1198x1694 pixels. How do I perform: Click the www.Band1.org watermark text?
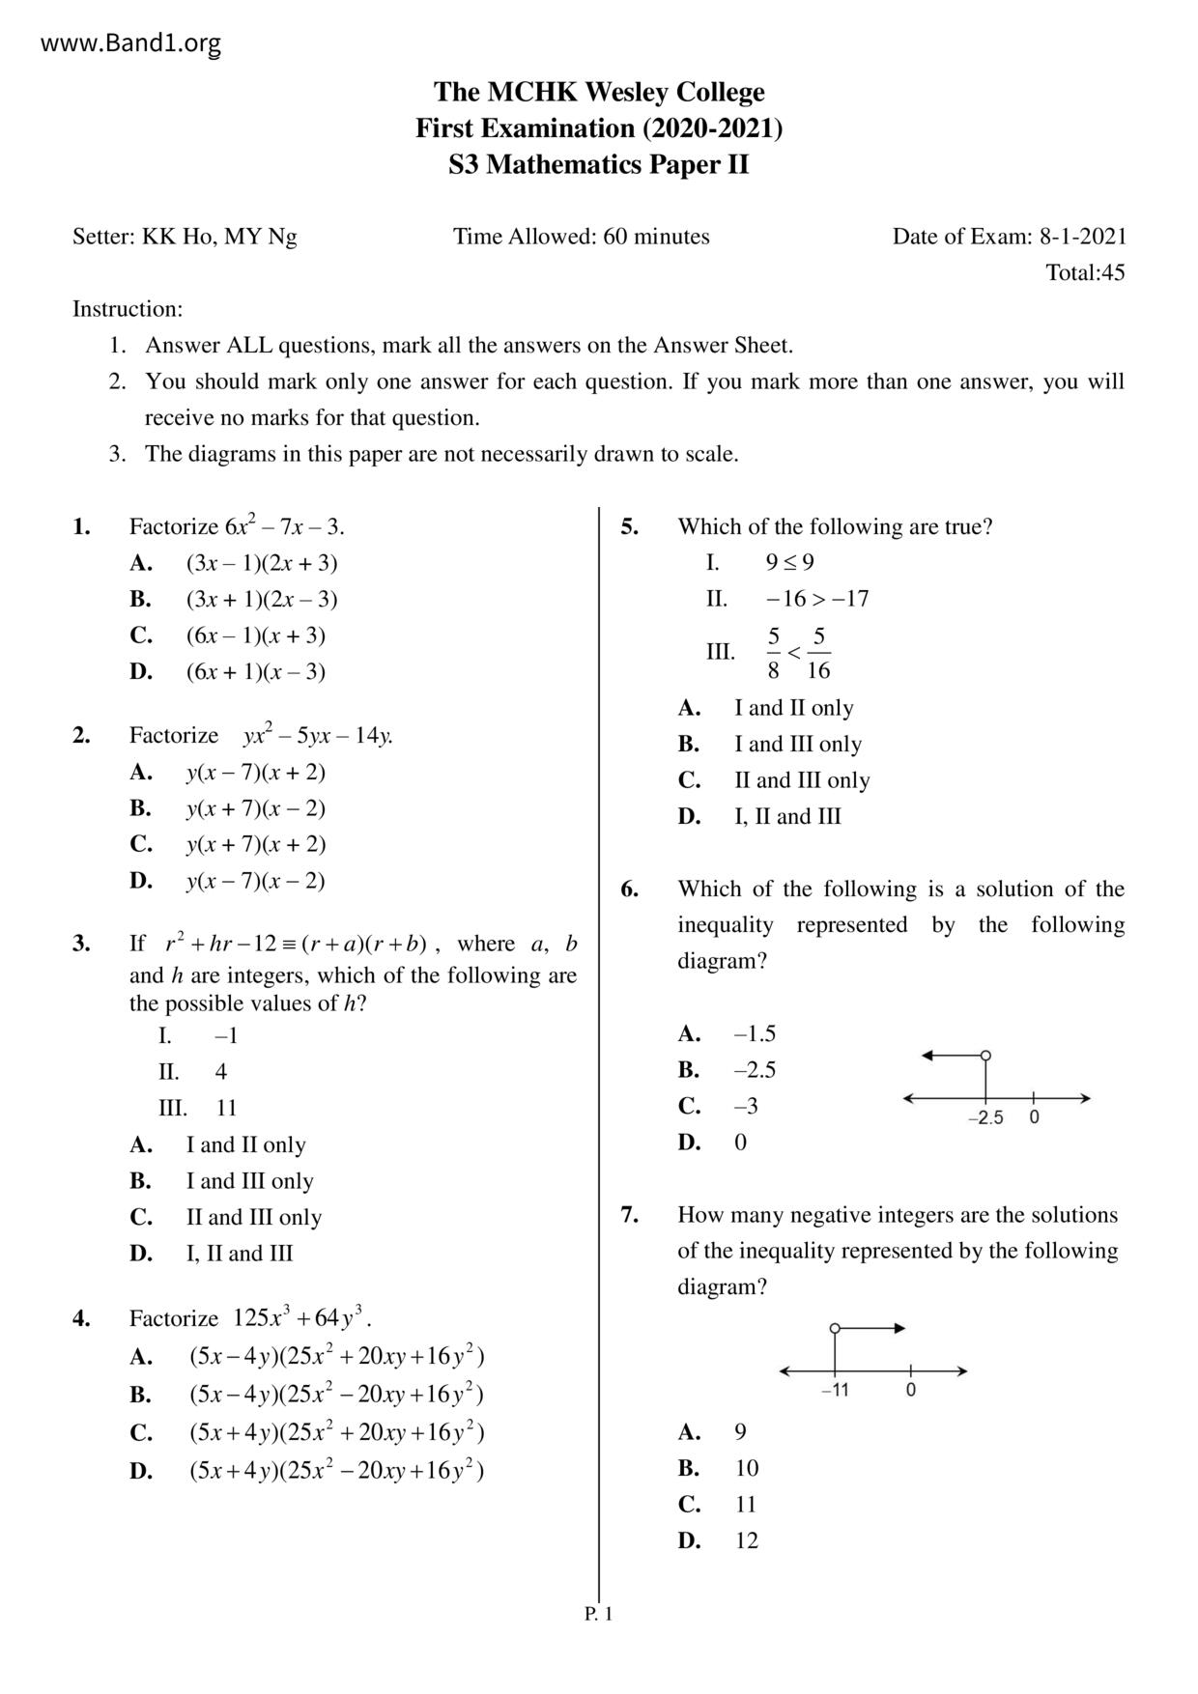pos(131,43)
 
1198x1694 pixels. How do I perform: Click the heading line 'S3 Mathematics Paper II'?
pos(598,165)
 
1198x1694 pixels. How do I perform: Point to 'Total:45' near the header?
pos(1085,272)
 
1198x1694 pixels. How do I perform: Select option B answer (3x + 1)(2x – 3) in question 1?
pos(262,599)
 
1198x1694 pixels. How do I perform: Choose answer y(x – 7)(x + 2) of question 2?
pos(255,772)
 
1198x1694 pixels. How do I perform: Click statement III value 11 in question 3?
pos(226,1108)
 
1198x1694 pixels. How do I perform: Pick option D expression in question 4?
pos(336,1471)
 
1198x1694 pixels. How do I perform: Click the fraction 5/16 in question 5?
pos(818,653)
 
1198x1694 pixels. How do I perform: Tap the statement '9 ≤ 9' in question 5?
pos(789,562)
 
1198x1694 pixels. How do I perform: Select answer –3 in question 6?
pos(746,1106)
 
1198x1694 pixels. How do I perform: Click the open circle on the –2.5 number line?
pos(985,1056)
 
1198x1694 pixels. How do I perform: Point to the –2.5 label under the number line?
pos(985,1118)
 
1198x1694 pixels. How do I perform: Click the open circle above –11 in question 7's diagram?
pos(835,1328)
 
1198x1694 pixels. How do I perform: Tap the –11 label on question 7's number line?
pos(835,1391)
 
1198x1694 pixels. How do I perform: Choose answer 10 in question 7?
pos(747,1468)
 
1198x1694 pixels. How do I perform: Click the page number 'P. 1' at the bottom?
pos(599,1614)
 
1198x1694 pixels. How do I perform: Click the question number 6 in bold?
pos(629,889)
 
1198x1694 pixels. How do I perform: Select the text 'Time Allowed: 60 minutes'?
pos(582,237)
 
